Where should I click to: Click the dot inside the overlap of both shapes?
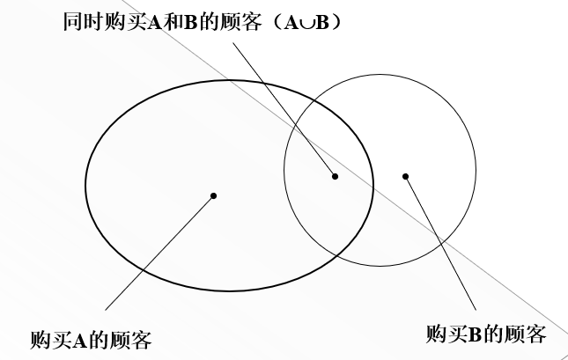coord(336,176)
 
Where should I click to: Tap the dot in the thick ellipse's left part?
coord(213,195)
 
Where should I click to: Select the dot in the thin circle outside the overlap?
coord(406,176)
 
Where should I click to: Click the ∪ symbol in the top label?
coord(306,22)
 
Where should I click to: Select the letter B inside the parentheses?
coord(322,22)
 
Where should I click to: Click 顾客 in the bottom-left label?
coord(135,339)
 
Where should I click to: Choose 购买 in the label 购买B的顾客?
coord(445,334)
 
